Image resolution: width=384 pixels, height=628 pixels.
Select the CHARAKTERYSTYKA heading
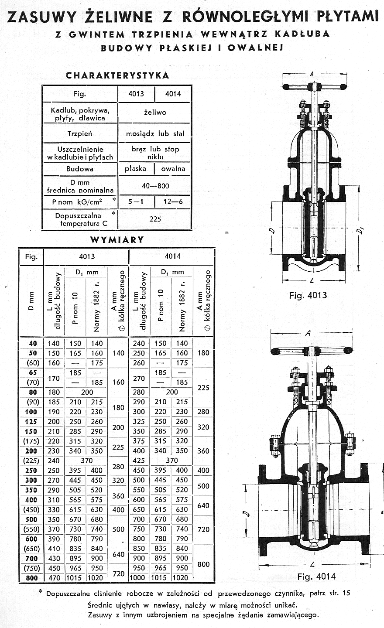click(x=117, y=75)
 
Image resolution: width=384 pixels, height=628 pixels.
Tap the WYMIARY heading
click(x=117, y=239)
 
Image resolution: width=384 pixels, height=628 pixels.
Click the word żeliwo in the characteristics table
click(x=155, y=113)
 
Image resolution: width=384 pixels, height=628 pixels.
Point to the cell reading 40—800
click(x=155, y=186)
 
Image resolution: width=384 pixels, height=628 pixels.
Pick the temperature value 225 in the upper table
click(x=155, y=219)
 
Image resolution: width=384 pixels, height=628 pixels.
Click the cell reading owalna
click(x=173, y=168)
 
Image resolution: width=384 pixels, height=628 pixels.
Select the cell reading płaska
click(x=135, y=168)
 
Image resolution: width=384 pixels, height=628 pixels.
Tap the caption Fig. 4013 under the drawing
click(x=308, y=295)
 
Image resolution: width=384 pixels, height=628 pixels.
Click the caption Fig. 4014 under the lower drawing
click(x=316, y=577)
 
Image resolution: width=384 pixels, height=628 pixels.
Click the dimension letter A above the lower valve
click(x=308, y=334)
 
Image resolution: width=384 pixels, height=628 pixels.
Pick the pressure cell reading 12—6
click(x=173, y=202)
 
